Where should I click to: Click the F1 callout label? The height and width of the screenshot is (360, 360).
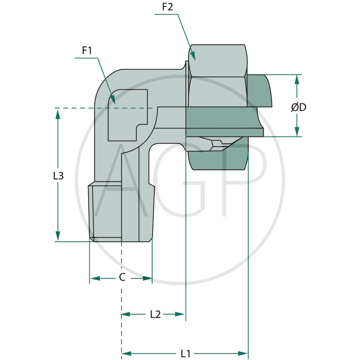[x=87, y=51]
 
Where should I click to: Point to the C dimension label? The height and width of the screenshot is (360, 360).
[x=121, y=278]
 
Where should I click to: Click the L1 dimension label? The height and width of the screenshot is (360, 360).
[x=185, y=353]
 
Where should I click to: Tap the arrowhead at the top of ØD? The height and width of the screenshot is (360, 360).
[x=297, y=79]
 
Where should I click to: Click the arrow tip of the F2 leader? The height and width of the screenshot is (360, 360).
[x=194, y=58]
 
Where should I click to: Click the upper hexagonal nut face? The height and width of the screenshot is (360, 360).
[x=218, y=60]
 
